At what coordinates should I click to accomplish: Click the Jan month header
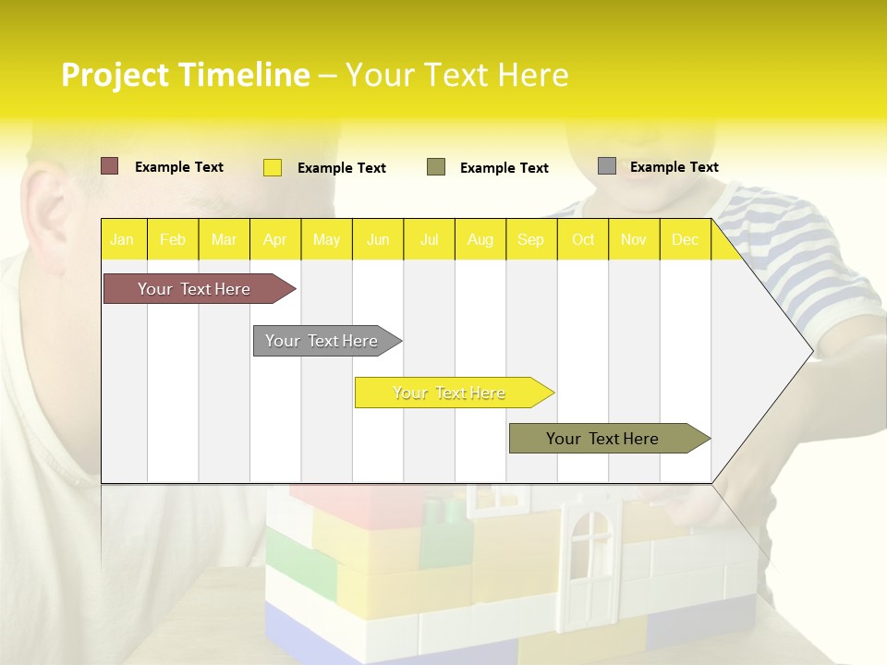(122, 240)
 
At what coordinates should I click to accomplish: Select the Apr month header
(275, 240)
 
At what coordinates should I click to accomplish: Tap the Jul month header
(429, 240)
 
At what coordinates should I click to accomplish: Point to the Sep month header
(530, 240)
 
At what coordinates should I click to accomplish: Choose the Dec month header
(685, 240)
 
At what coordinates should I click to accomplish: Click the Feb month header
(173, 240)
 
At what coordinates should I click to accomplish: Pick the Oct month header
(583, 240)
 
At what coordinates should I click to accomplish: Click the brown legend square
(110, 166)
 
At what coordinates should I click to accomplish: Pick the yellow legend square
(273, 167)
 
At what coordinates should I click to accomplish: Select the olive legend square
(436, 167)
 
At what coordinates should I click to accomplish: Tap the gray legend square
(607, 166)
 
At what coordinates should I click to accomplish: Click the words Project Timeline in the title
(185, 75)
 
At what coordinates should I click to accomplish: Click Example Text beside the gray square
(674, 167)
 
